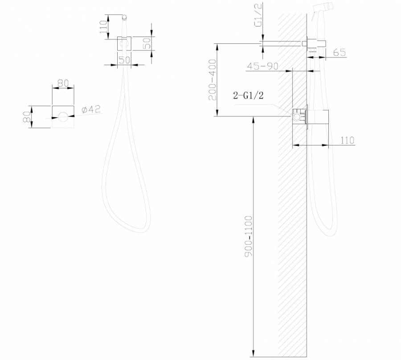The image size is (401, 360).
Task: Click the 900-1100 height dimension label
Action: click(249, 236)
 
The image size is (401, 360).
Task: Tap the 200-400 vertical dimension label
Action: click(213, 80)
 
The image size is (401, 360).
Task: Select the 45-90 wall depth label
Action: click(262, 66)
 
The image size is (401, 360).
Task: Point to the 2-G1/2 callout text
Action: click(248, 95)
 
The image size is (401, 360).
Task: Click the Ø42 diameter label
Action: click(91, 109)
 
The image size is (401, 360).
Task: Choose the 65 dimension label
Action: click(340, 52)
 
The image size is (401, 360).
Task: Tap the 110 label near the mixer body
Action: click(348, 141)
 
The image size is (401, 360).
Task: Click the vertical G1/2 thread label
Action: click(258, 15)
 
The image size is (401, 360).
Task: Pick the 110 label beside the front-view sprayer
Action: click(103, 27)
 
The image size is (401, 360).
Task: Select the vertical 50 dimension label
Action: click(147, 44)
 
